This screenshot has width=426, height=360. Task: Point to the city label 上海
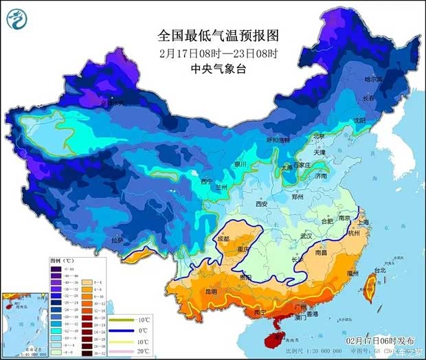pyautogui.click(x=363, y=222)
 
